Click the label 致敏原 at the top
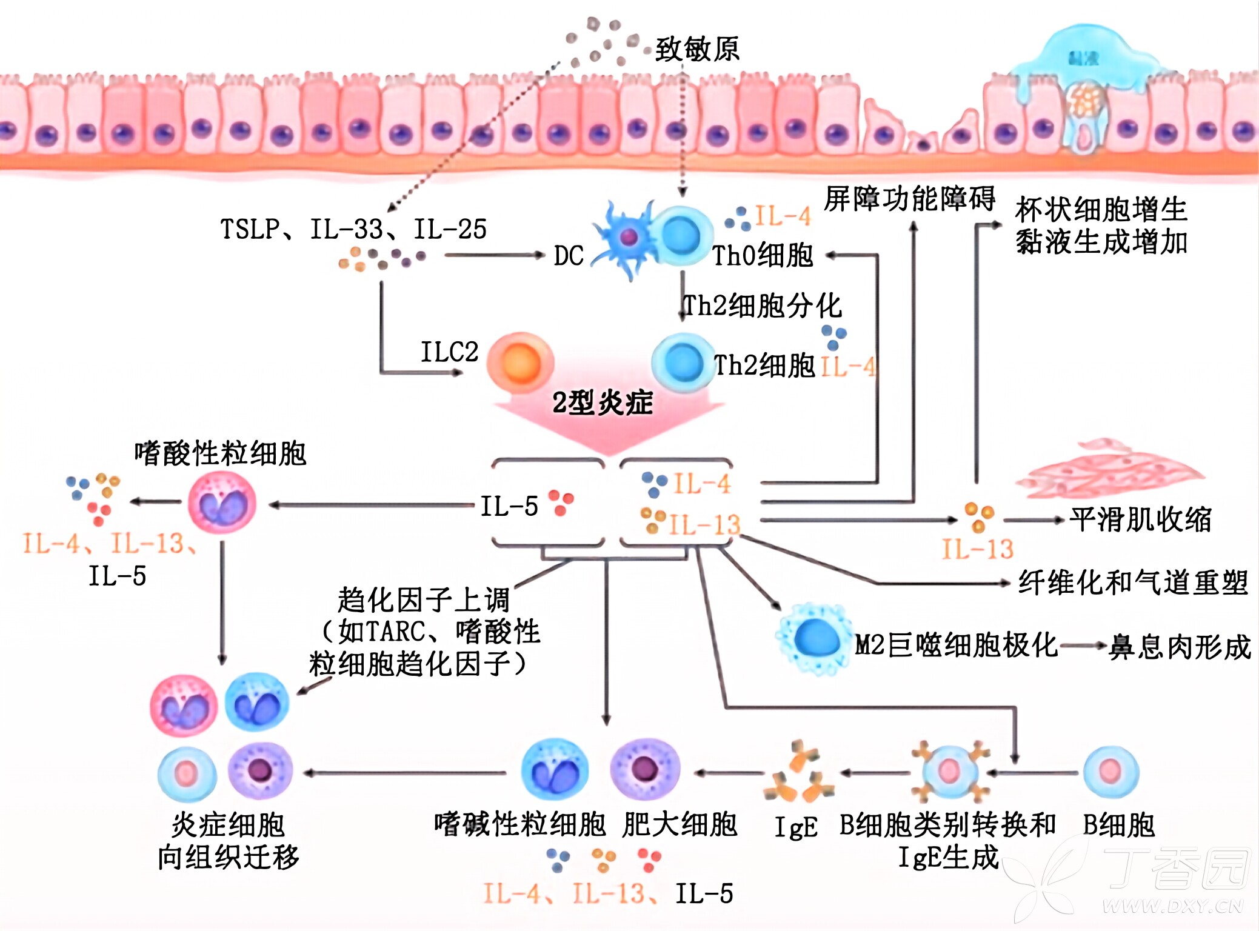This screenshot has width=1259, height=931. point(697,48)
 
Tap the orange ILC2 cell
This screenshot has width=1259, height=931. point(520,364)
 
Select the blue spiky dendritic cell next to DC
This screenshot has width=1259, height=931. point(626,238)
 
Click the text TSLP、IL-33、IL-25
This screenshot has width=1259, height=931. point(353,229)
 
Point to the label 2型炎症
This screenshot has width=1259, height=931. point(603,402)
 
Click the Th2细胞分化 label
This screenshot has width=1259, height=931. point(762,306)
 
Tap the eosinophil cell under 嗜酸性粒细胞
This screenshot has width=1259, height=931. point(222,504)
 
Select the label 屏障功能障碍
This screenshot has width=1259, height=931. point(909,199)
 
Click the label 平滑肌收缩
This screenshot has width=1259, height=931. point(1140,519)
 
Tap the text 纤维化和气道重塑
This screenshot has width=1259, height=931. point(1132,582)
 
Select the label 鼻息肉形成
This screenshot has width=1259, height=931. point(1180,647)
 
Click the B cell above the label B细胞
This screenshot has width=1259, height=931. point(1110,772)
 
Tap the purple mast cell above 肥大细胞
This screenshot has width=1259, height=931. point(645,769)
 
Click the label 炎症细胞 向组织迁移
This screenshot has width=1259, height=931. point(229,841)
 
